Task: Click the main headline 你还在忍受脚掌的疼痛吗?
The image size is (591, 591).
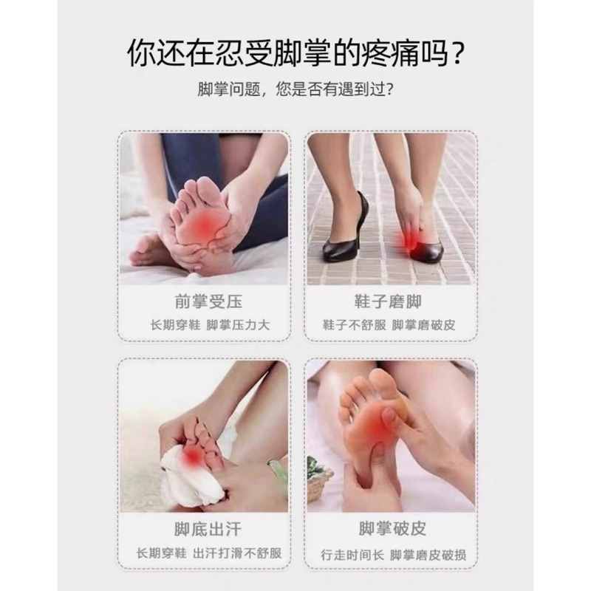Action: click(295, 53)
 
